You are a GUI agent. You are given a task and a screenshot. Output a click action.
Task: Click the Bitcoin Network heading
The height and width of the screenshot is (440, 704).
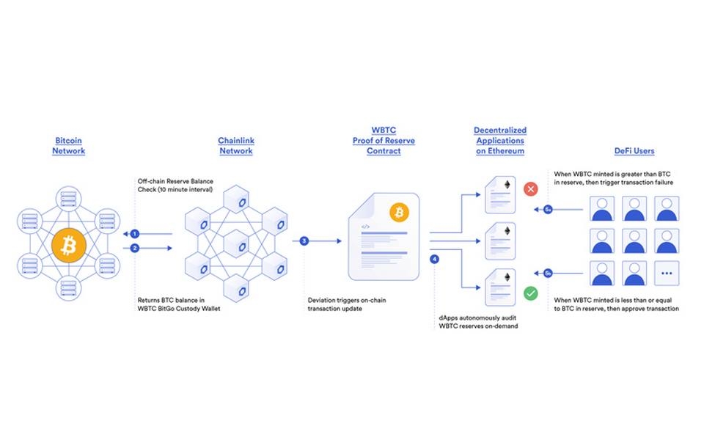pos(68,145)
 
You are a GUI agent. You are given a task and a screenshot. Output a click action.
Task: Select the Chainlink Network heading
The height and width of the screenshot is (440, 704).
pos(235,145)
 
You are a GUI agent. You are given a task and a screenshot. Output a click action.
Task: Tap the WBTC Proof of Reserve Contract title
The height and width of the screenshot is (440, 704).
pos(384,140)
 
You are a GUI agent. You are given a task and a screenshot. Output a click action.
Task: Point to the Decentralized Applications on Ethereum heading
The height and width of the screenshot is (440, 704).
pos(499,140)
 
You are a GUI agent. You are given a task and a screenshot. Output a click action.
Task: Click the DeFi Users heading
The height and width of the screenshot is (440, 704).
pos(634,150)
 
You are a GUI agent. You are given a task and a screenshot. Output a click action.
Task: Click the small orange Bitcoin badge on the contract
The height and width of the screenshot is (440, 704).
pos(400,213)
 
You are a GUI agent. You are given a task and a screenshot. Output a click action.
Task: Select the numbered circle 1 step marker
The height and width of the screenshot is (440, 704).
pos(135,234)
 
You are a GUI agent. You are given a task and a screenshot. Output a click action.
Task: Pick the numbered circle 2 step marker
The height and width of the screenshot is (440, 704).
pos(135,248)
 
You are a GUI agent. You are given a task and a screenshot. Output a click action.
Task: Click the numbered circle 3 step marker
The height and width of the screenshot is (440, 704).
pos(304,241)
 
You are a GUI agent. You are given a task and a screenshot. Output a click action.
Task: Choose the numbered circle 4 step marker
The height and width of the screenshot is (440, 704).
pos(434,259)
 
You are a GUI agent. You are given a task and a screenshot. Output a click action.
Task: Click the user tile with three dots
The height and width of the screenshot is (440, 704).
pos(666,273)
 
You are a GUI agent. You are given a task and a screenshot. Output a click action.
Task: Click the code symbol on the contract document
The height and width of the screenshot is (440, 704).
pos(364,228)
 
